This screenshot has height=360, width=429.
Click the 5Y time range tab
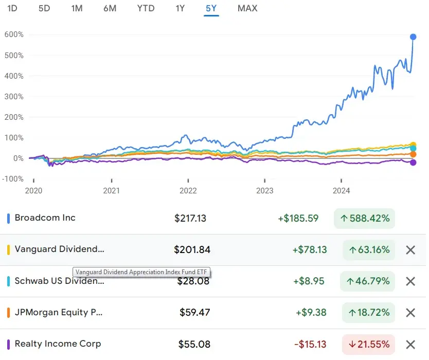click(x=211, y=8)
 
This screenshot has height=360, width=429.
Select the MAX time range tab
click(x=247, y=8)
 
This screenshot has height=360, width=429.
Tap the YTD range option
click(x=146, y=8)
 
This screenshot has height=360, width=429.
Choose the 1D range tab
click(x=12, y=8)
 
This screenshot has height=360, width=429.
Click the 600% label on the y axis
click(x=14, y=34)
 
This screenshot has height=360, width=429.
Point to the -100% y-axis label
click(x=13, y=179)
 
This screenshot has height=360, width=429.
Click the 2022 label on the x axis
click(x=188, y=191)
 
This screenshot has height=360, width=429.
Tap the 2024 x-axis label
click(x=341, y=191)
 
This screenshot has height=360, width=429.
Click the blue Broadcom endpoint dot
click(x=413, y=37)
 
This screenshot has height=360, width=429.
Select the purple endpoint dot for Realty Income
click(x=413, y=163)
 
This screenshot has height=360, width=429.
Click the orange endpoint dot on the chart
click(x=413, y=154)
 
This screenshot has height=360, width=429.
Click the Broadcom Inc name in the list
click(x=45, y=218)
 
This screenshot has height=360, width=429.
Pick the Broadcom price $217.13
click(x=190, y=218)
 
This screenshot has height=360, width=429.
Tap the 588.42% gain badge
click(x=364, y=218)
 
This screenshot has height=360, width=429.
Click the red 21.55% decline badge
click(x=368, y=344)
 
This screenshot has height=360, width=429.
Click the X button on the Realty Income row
click(x=410, y=345)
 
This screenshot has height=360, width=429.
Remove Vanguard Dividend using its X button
click(x=410, y=250)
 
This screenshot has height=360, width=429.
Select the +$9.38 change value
click(x=311, y=312)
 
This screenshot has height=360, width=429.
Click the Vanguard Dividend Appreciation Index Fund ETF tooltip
click(x=141, y=272)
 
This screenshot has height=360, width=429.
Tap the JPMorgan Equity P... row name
click(x=59, y=312)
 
